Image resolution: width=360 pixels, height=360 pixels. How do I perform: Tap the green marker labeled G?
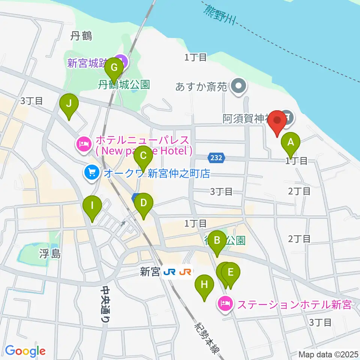115,68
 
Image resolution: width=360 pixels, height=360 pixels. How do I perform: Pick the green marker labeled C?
142,155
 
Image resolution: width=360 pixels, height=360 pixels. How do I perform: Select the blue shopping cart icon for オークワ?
91,173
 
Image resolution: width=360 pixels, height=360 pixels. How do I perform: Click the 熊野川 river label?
219,15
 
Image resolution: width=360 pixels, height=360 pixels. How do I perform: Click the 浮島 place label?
49,254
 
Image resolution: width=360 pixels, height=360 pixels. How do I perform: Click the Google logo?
25,351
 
